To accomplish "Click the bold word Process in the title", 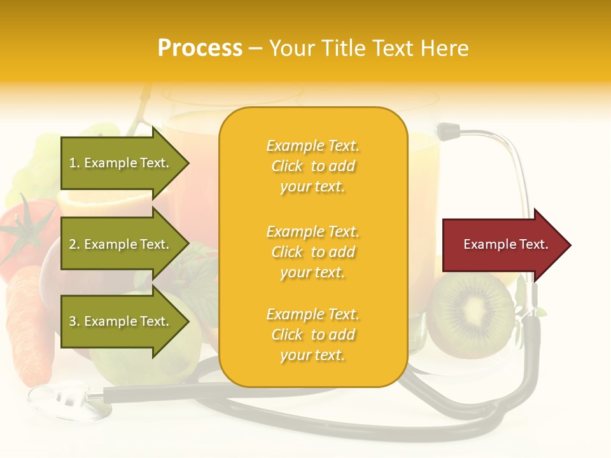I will click(x=200, y=48).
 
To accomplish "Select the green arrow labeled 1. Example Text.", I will click(x=121, y=163).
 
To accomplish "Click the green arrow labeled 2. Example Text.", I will click(x=121, y=244).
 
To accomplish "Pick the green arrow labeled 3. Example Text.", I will click(x=121, y=321).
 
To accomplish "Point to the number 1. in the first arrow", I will click(x=74, y=163).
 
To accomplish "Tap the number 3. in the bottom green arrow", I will click(x=74, y=321).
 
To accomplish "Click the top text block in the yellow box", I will click(x=313, y=166).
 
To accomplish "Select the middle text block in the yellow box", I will click(x=313, y=252).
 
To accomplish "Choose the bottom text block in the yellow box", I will click(x=313, y=335).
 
